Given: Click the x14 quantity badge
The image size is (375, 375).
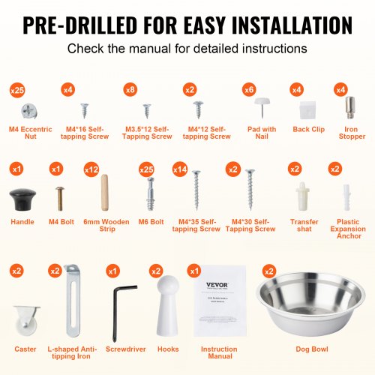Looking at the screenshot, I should coord(180,169).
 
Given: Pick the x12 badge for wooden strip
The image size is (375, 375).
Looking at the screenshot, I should coord(91,169).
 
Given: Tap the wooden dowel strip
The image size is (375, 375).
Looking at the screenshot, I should coord(106,194).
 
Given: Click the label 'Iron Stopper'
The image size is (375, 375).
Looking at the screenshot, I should coord(351,133).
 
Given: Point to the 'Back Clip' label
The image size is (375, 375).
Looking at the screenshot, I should coord(303,129).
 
